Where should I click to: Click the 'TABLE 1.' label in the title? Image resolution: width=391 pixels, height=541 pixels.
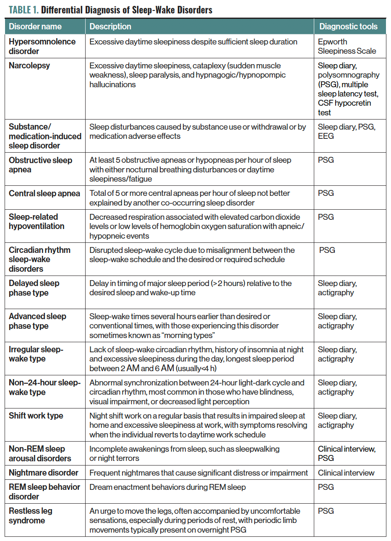[23, 9]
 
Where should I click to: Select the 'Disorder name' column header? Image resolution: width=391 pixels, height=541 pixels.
[35, 26]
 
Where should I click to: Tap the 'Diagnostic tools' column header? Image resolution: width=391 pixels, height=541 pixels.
[348, 26]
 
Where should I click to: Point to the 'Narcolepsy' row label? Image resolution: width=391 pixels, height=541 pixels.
[29, 65]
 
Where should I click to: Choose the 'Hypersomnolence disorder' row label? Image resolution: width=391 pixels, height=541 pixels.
[42, 46]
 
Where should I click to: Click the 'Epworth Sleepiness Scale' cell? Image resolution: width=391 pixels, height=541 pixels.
[347, 46]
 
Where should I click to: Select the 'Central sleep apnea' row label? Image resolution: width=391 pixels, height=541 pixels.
[44, 193]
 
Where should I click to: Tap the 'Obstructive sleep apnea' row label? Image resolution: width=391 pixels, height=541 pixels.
[40, 165]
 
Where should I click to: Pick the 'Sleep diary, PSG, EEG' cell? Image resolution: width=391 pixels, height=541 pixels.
[347, 131]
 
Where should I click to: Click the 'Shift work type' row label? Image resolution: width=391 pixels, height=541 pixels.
[36, 416]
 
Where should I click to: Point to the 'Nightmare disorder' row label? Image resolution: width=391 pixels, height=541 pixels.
[44, 473]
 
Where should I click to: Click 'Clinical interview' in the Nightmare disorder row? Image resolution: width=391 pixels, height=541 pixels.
[346, 473]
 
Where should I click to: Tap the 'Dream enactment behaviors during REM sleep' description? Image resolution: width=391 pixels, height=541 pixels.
[167, 487]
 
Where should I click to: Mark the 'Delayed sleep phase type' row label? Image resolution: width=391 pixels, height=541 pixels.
[34, 288]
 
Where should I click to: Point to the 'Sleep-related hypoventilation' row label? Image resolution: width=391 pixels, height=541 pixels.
[36, 221]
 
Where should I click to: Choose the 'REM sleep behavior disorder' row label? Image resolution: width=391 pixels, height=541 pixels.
[44, 492]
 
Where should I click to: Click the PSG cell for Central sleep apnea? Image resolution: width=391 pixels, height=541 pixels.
[326, 193]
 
